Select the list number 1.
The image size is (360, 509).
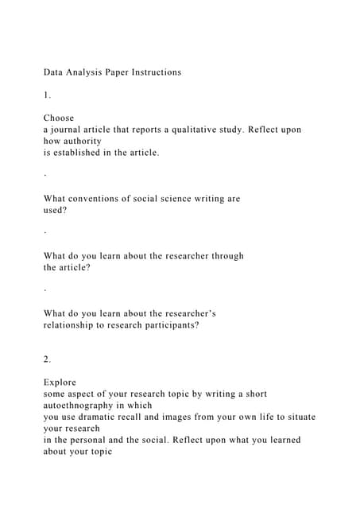pyautogui.click(x=47, y=95)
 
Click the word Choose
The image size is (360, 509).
pyautogui.click(x=59, y=118)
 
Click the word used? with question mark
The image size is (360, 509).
pyautogui.click(x=56, y=211)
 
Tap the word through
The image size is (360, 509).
pyautogui.click(x=226, y=256)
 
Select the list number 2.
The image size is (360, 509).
pyautogui.click(x=47, y=359)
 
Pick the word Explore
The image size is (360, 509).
pyautogui.click(x=60, y=383)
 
